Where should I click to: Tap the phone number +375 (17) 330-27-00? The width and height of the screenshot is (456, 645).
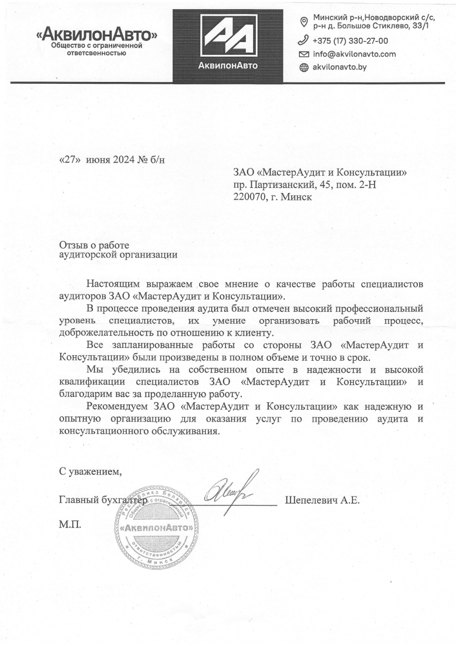[x=350, y=41]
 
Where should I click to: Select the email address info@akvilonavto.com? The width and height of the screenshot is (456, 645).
[x=354, y=54]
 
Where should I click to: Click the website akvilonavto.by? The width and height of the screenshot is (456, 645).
[x=340, y=67]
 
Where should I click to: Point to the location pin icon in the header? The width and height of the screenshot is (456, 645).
[x=304, y=22]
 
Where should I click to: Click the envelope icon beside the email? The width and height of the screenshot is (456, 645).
[x=304, y=54]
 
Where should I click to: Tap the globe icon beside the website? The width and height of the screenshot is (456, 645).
[x=304, y=68]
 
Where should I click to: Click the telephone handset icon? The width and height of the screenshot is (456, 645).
[x=304, y=41]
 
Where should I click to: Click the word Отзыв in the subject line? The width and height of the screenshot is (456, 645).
[x=72, y=245]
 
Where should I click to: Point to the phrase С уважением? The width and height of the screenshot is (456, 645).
[x=91, y=471]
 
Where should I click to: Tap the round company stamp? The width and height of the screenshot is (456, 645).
[x=156, y=528]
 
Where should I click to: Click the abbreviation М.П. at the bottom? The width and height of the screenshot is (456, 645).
[x=70, y=524]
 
